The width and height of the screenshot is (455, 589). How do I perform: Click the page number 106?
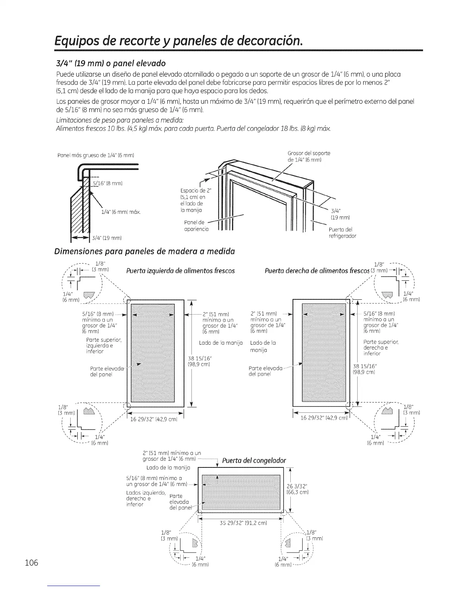point(32,563)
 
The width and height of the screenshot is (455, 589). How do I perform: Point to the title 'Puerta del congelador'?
point(254,461)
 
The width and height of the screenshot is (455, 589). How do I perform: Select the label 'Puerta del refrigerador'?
point(342,232)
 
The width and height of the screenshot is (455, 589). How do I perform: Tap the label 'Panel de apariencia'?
point(196,226)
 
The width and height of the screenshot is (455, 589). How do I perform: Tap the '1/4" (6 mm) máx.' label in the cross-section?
point(120,212)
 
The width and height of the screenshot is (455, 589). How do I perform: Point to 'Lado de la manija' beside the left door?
point(221,342)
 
